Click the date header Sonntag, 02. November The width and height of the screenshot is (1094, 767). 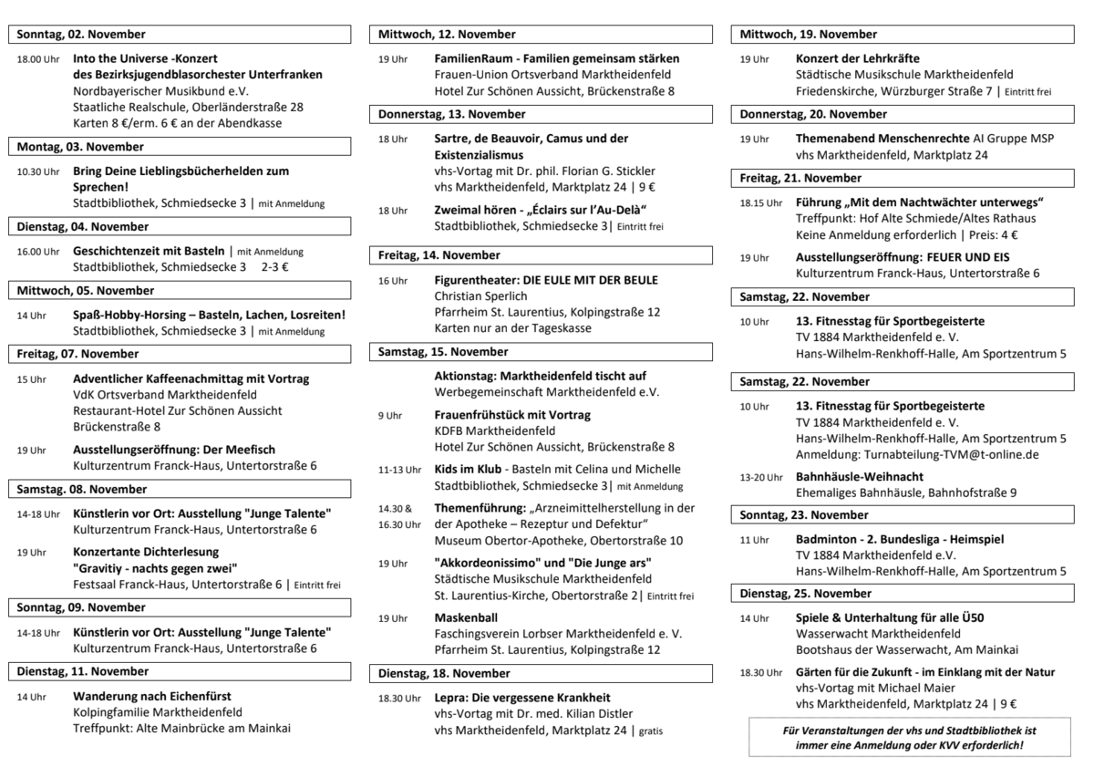point(81,35)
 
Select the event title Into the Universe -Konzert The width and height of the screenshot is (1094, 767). point(150,57)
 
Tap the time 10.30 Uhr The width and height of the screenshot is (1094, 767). point(37,171)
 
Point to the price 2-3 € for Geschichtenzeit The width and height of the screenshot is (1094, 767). point(274,267)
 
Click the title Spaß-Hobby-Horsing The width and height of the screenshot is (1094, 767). point(209,316)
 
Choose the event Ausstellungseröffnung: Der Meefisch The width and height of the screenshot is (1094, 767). point(174,450)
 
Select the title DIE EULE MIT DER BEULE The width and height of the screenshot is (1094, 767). point(592,280)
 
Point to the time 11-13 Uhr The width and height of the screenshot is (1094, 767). point(399,469)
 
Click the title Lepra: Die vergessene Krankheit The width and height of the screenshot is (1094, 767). point(522,698)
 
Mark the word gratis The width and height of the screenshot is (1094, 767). point(651,731)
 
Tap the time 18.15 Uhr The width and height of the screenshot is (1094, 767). point(760,202)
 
